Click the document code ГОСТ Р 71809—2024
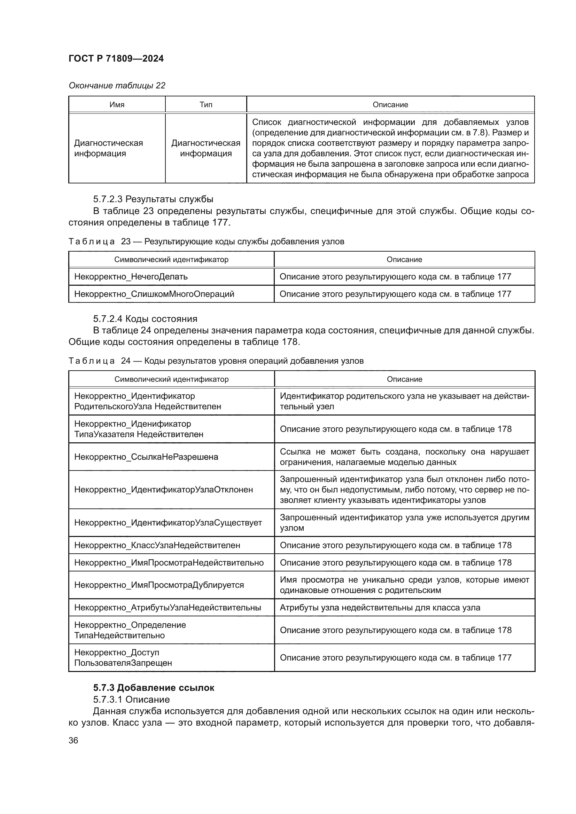click(116, 58)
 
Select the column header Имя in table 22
click(117, 105)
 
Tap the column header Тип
click(206, 105)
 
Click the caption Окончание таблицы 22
click(117, 86)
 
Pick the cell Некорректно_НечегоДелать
click(131, 277)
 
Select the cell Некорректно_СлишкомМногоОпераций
click(154, 294)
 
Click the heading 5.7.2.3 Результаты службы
click(153, 199)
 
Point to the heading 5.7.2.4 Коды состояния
click(145, 318)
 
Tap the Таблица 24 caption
click(216, 361)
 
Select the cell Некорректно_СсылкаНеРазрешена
click(146, 457)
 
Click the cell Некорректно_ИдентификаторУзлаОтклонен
click(164, 490)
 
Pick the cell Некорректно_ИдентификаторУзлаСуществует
click(168, 523)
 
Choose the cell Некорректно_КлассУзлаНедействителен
click(157, 545)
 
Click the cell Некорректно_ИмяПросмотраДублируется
click(159, 585)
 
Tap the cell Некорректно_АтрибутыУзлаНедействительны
click(168, 608)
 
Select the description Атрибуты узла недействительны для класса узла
click(380, 608)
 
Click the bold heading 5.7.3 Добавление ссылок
click(154, 688)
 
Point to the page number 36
click(73, 740)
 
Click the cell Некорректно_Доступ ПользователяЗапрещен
click(123, 658)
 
